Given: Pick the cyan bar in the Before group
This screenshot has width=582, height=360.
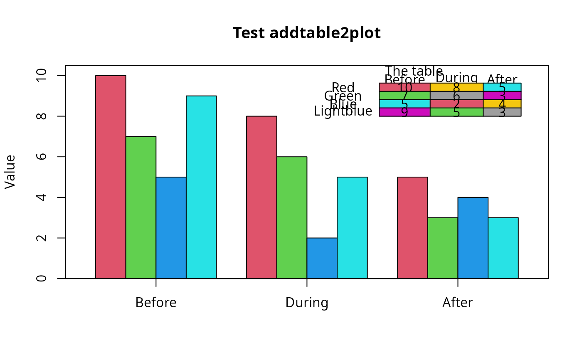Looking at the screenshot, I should point(201,187).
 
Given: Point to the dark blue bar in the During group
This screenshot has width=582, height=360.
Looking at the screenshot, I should point(322,258).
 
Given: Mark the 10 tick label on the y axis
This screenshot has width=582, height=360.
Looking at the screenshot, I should point(41,76).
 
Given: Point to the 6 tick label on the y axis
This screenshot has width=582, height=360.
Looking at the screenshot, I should point(41,157).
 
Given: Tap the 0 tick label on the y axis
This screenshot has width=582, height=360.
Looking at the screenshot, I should point(41,278).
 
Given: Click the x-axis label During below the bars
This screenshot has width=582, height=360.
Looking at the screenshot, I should point(307,303).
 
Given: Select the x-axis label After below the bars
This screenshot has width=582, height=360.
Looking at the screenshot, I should point(457,303).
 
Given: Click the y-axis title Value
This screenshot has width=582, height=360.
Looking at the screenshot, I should point(10,172).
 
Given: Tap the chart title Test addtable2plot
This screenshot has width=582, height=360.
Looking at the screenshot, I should point(306,33).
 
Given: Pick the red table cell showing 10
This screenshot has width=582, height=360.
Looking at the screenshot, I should point(404,87).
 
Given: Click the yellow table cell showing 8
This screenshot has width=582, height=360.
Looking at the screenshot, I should point(456,87).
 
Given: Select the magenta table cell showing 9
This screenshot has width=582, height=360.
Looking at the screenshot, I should point(404,112).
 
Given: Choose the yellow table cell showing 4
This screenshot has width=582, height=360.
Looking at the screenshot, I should point(502,104).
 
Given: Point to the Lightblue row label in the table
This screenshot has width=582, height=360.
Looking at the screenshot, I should point(343,111).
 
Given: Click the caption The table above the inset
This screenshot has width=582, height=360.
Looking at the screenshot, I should point(414,71).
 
